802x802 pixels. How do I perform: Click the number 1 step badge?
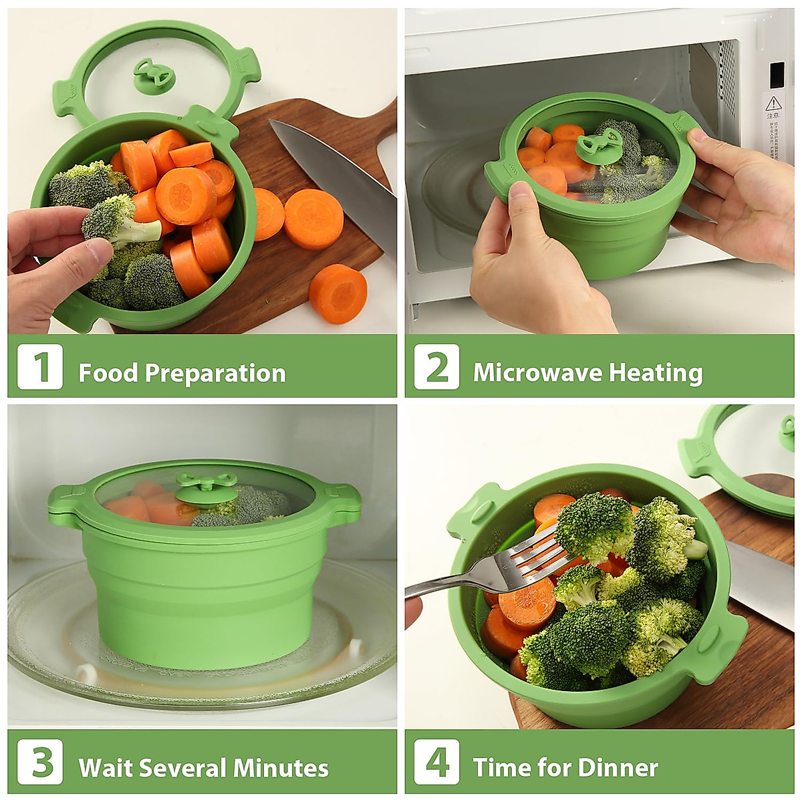(40, 366)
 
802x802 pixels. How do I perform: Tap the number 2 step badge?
(436, 366)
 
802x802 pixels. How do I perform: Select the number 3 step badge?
(40, 761)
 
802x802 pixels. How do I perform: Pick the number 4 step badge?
(436, 761)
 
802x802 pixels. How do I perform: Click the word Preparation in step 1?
(215, 373)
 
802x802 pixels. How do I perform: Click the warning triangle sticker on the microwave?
(773, 103)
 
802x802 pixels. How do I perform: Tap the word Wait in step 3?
(106, 767)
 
